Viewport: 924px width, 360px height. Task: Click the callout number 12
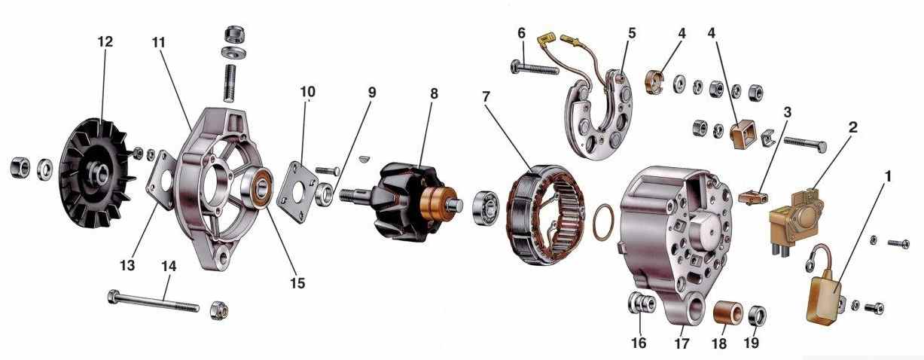click(x=105, y=41)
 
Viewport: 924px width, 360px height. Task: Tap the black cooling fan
click(x=97, y=173)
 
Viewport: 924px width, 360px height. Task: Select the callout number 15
click(x=297, y=283)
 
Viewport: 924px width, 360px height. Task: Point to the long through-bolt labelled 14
click(x=154, y=302)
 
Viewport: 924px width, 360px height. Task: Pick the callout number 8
click(x=434, y=93)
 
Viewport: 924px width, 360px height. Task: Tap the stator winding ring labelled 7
click(x=545, y=215)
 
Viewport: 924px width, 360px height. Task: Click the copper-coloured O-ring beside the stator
click(x=603, y=222)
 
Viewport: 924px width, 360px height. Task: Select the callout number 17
click(x=682, y=343)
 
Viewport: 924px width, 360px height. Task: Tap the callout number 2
click(x=852, y=127)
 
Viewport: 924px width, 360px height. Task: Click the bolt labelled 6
click(x=535, y=68)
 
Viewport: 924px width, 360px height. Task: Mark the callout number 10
click(x=308, y=92)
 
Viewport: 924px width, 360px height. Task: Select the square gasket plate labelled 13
click(x=161, y=180)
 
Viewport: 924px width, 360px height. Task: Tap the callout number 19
click(x=751, y=343)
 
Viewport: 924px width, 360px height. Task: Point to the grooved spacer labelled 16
click(x=642, y=304)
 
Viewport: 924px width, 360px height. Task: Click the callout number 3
click(x=788, y=112)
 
